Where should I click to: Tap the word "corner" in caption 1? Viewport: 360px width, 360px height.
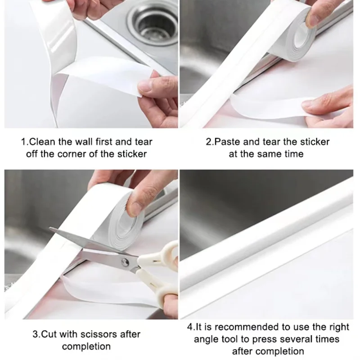tap(72, 154)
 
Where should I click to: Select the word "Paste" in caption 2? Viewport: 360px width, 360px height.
tap(227, 142)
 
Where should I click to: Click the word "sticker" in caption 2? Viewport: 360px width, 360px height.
tap(315, 142)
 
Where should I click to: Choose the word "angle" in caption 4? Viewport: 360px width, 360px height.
tap(206, 340)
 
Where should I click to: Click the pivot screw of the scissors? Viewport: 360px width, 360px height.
tap(125, 262)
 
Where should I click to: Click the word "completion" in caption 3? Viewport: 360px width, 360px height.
tap(86, 346)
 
